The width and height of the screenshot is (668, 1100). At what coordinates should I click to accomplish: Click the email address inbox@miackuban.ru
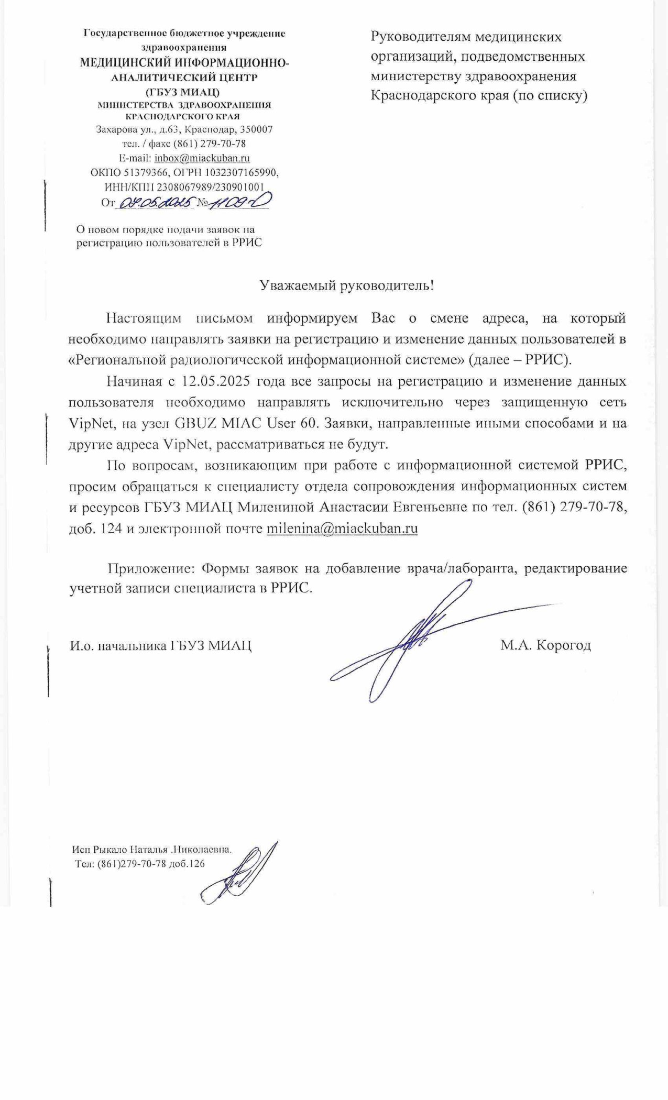coord(202,158)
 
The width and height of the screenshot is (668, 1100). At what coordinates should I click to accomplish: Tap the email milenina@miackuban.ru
coord(342,528)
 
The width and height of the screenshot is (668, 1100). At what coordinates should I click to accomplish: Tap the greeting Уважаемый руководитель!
coord(347,285)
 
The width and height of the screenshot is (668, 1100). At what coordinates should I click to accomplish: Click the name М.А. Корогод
coord(545,645)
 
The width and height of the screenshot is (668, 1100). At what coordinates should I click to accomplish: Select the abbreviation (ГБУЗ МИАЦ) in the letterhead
coord(183,92)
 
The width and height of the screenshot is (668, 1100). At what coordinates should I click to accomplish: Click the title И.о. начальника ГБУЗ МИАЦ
coord(161,645)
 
